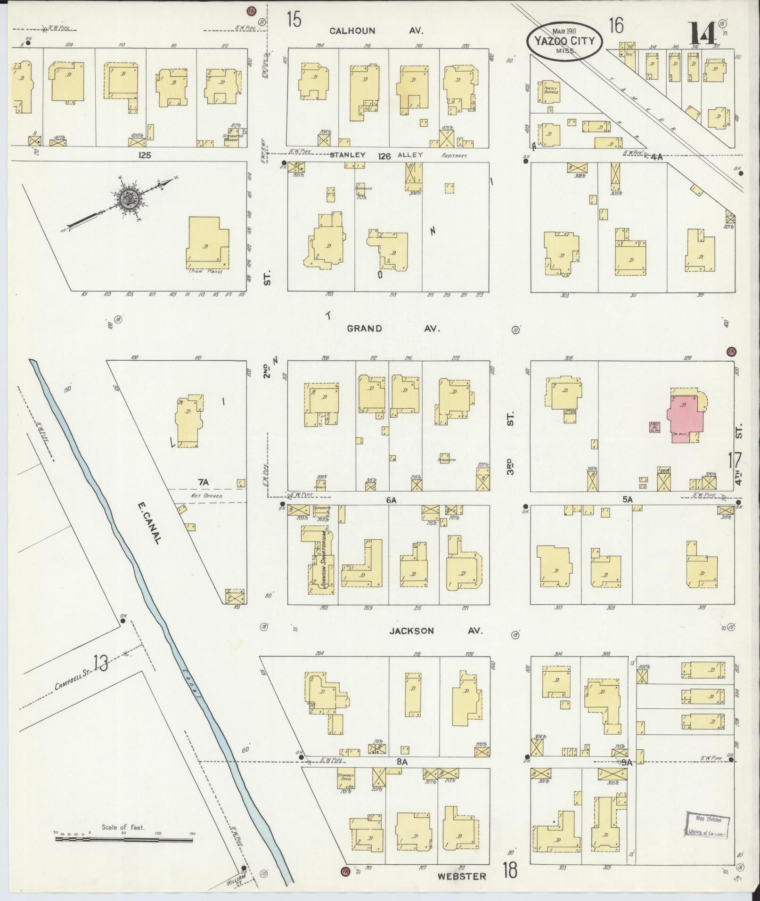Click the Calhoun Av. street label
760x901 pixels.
pyautogui.click(x=376, y=31)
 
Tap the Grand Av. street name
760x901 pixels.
pyautogui.click(x=393, y=328)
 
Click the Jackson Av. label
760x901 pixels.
pyautogui.click(x=435, y=631)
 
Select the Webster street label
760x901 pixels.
pyautogui.click(x=461, y=876)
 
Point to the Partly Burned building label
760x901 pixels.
pyautogui.click(x=550, y=90)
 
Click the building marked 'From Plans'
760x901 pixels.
pyautogui.click(x=207, y=244)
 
